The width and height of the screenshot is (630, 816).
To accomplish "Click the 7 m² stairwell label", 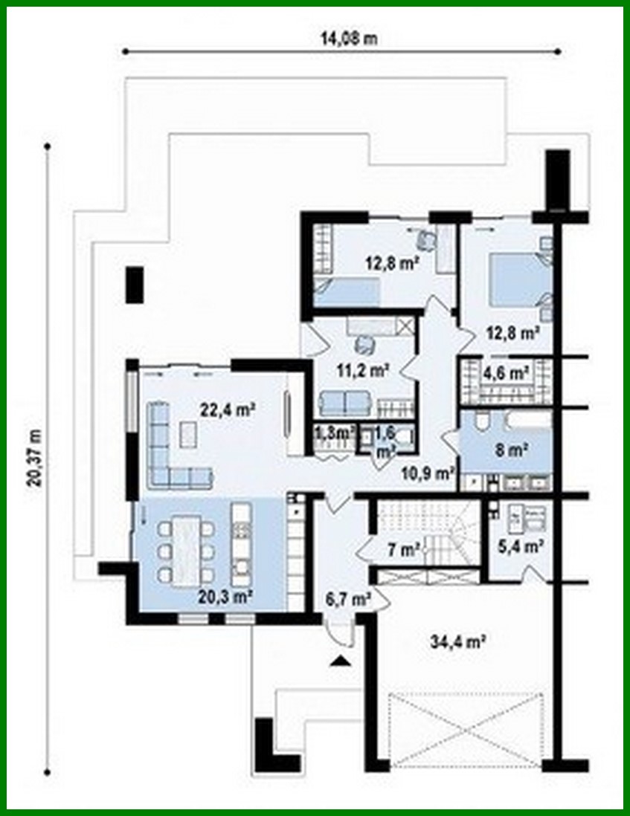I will pyautogui.click(x=402, y=551).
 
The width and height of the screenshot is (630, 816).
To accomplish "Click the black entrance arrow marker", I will pyautogui.click(x=341, y=661).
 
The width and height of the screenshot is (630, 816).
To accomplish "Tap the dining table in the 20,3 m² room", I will pyautogui.click(x=187, y=550).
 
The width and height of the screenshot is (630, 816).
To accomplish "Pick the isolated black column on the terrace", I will pyautogui.click(x=134, y=284).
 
